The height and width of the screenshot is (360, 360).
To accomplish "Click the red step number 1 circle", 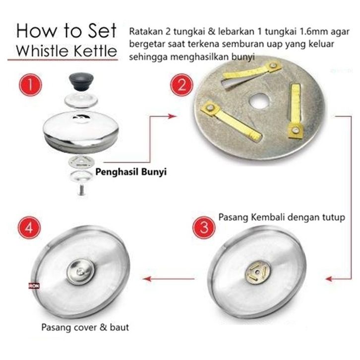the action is (x=30, y=84).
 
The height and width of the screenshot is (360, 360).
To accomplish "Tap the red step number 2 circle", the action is (x=181, y=85).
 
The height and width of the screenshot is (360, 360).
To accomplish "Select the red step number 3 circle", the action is (x=204, y=227).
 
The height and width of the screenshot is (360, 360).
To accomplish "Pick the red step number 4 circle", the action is (x=29, y=228).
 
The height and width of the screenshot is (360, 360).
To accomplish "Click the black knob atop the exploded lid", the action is (x=81, y=81).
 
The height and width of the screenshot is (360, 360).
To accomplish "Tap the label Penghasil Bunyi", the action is (x=131, y=172).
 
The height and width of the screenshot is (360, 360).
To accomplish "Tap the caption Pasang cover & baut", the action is (x=85, y=327).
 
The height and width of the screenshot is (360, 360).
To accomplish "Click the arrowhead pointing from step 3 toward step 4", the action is (x=147, y=279).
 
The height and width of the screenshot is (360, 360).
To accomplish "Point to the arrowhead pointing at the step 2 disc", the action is (x=172, y=116).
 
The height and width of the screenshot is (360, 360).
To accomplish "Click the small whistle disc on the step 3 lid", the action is (x=257, y=272).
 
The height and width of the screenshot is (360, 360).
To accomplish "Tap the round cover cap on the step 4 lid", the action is (x=81, y=272).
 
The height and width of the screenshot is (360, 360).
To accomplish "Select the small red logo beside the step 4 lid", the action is (x=34, y=286).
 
